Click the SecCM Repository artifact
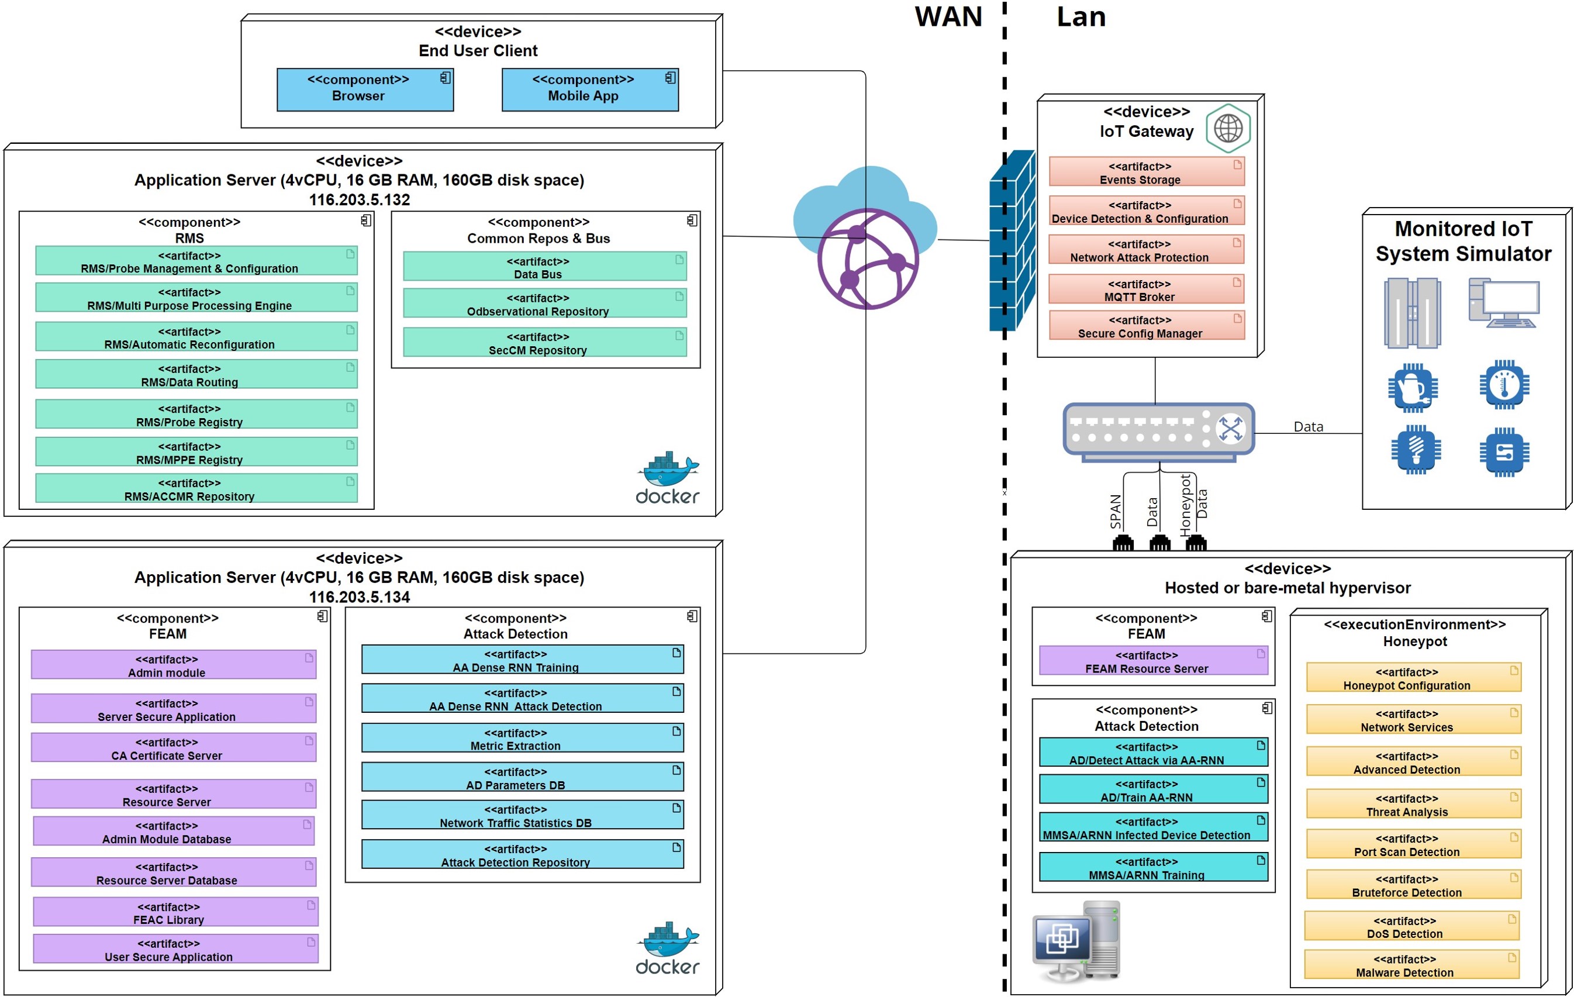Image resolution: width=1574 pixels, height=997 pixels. point(544,343)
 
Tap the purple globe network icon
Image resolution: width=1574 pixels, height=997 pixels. point(868,259)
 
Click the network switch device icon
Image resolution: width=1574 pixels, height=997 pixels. point(1158,430)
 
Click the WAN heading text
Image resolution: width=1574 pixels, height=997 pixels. point(948,17)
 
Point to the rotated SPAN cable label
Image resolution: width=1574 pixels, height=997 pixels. point(1116,511)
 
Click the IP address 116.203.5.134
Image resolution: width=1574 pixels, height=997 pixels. point(360,597)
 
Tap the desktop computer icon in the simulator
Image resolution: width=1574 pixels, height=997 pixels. point(1503,303)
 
